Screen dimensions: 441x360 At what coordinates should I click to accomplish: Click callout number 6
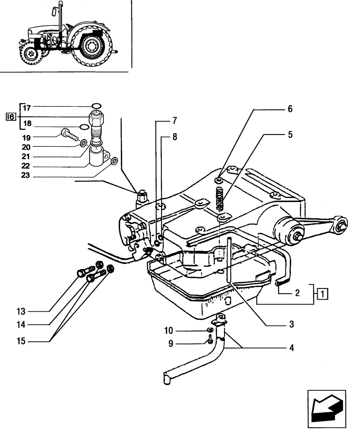click(x=289, y=108)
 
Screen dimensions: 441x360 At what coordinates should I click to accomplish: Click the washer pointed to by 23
click(x=113, y=161)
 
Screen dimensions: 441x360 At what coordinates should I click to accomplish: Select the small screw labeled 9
click(x=211, y=340)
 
